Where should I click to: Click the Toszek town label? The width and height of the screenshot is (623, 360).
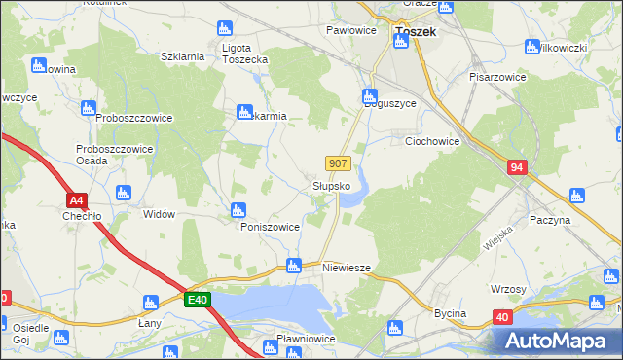click(416, 31)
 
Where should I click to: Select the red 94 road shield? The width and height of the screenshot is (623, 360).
click(517, 168)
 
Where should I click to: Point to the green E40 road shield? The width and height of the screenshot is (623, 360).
click(199, 301)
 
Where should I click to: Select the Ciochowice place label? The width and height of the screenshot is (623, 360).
click(432, 141)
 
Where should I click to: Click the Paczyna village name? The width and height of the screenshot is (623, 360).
click(550, 221)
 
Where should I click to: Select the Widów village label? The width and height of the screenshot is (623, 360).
click(159, 214)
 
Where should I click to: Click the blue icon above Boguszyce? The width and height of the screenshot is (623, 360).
click(369, 95)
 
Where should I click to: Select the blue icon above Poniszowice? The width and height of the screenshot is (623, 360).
click(238, 209)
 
